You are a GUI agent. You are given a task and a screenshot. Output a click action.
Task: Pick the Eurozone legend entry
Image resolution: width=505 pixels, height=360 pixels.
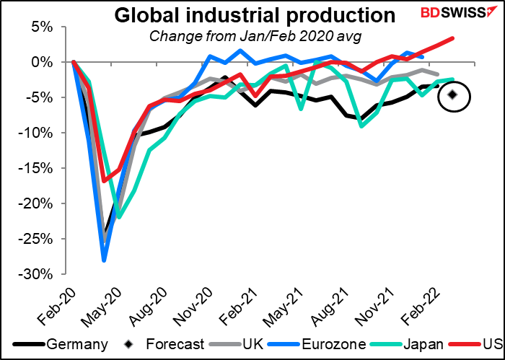pos(310,345)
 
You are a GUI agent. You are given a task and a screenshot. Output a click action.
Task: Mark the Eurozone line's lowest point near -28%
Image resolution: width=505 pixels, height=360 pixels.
pos(105,260)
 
